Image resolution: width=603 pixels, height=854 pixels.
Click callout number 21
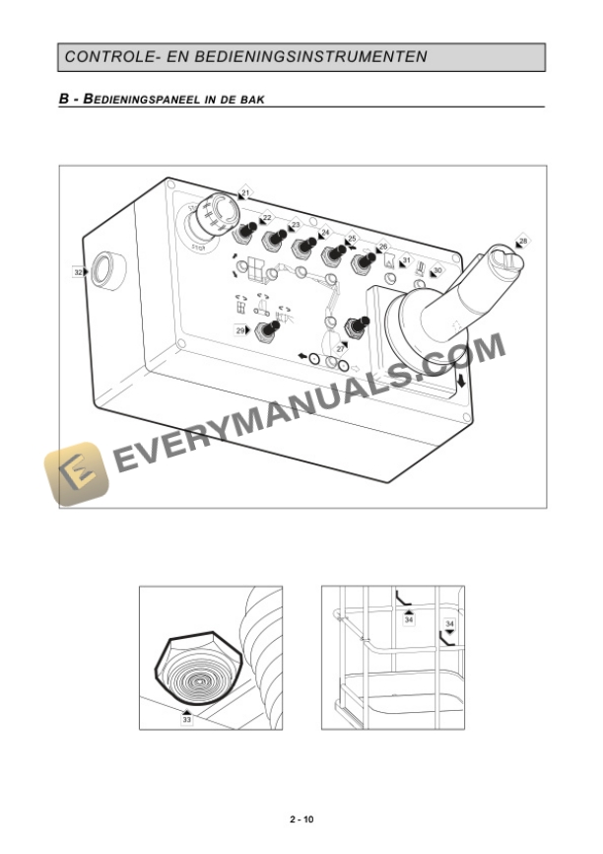pos(245,191)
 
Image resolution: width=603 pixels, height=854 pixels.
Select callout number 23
pos(295,226)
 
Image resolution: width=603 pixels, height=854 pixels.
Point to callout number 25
pos(352,239)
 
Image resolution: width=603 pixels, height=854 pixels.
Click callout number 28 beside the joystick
pos(522,241)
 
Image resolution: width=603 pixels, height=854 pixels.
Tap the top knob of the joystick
pos(501,257)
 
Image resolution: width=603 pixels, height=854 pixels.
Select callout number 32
pos(78,270)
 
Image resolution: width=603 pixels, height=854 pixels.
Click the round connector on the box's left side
pos(102,268)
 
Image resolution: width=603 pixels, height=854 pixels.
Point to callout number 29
pos(239,331)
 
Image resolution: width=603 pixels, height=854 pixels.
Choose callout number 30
pos(437,270)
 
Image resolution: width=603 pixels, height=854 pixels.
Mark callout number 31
pos(406,259)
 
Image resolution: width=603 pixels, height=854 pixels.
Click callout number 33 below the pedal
pos(186,720)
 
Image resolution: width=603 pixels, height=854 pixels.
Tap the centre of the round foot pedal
pos(196,677)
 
